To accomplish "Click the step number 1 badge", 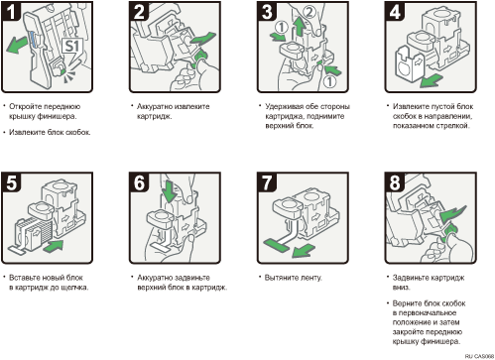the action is pos(11,11).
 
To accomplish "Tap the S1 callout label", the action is pos(71,46).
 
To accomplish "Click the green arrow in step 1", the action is pos(18,45).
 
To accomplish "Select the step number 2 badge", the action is pos(139,11).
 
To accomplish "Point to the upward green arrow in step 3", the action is pos(300,26).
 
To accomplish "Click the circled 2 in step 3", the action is pos(309,12).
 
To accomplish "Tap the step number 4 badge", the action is pos(395,11).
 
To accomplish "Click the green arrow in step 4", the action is pos(432,80).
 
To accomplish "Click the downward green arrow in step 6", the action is pos(170,191).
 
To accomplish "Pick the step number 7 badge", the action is pos(267,182).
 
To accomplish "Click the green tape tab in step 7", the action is pos(276,245).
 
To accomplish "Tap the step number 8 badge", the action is pos(395,182).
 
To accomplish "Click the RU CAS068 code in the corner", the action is pos(479,356).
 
